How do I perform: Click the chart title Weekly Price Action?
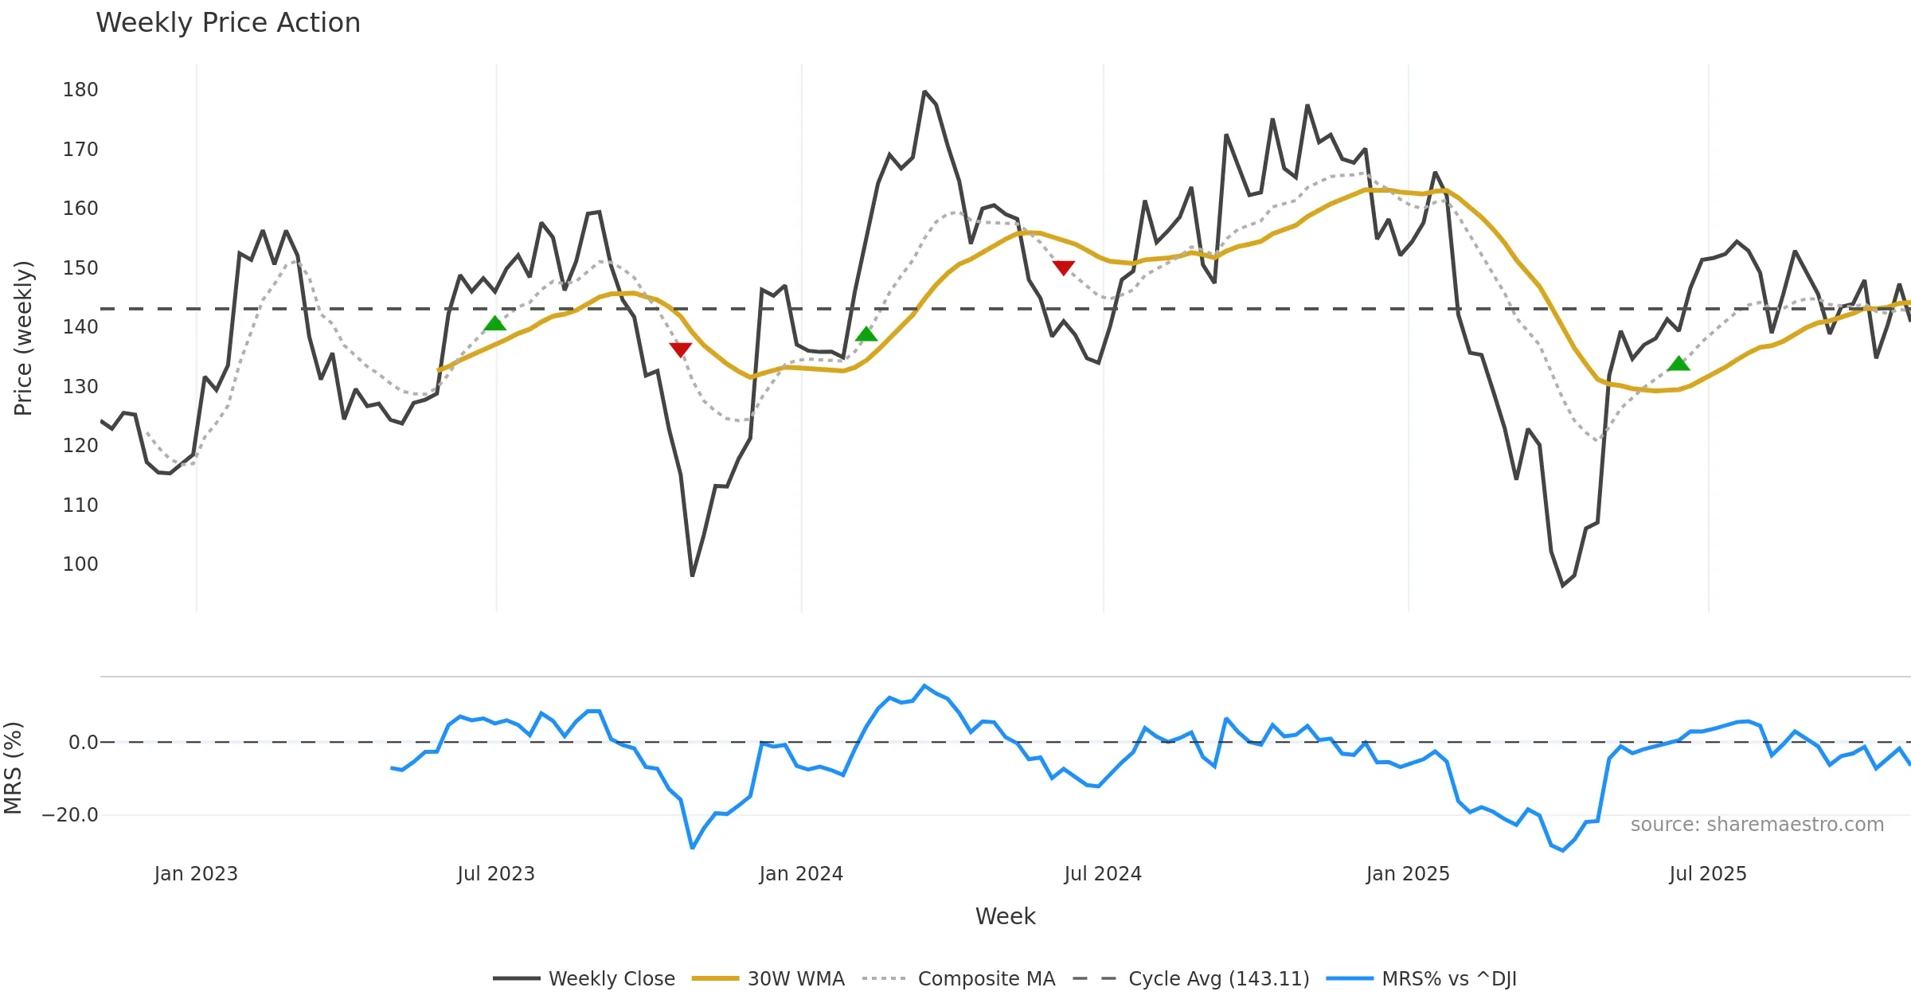pyautogui.click(x=228, y=23)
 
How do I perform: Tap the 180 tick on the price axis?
pyautogui.click(x=80, y=90)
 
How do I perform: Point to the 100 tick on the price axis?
pyautogui.click(x=80, y=564)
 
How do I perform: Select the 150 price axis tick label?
pyautogui.click(x=80, y=268)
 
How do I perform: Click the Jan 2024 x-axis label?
pyautogui.click(x=801, y=874)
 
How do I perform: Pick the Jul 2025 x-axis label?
pyautogui.click(x=1708, y=874)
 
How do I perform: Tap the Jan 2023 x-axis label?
pyautogui.click(x=196, y=874)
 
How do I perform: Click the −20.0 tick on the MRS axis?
pyautogui.click(x=70, y=815)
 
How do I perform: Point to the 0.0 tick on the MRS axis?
pyautogui.click(x=83, y=743)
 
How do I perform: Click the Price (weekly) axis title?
pyautogui.click(x=23, y=338)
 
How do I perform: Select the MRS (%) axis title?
pyautogui.click(x=13, y=768)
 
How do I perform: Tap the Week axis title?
pyautogui.click(x=1005, y=917)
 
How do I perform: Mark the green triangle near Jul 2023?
pyautogui.click(x=494, y=323)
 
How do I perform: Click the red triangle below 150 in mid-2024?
pyautogui.click(x=1064, y=267)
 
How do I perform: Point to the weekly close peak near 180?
pyautogui.click(x=924, y=92)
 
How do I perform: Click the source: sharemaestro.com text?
pyautogui.click(x=1757, y=825)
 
